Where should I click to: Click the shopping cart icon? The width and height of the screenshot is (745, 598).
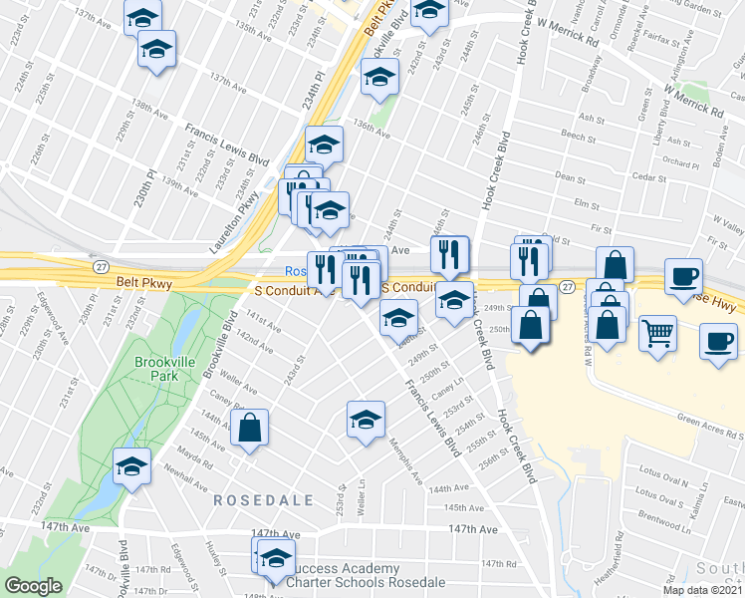coord(657,334)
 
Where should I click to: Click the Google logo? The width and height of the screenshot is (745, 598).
coord(33,586)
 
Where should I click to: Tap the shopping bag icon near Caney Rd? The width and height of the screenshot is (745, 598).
coord(249,430)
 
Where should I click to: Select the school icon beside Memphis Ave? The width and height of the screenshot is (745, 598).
coord(366,420)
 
